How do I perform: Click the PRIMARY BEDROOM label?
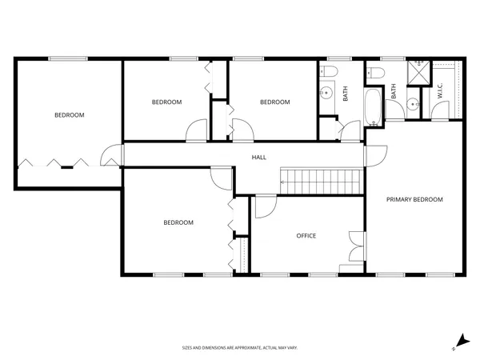(414, 199)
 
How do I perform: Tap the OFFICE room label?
(306, 236)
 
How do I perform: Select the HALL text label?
(259, 158)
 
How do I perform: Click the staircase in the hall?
(318, 182)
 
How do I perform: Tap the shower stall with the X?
(418, 74)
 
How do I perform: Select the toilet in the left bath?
(328, 74)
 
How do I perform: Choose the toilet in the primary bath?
(379, 74)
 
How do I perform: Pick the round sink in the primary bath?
(410, 102)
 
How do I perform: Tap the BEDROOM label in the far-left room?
(69, 115)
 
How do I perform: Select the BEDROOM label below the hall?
(178, 223)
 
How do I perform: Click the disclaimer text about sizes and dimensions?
(239, 348)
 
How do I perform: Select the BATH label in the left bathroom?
(346, 94)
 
